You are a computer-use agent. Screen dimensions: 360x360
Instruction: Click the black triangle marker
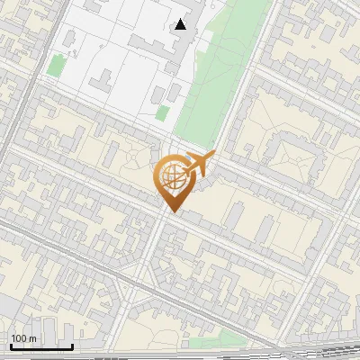click(x=181, y=24)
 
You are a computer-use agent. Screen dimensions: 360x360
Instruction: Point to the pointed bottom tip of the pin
click(x=171, y=211)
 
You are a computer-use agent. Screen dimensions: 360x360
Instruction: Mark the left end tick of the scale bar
click(x=9, y=346)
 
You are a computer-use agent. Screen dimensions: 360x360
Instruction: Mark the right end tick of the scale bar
click(x=73, y=346)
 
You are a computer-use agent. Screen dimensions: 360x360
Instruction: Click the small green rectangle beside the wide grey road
click(x=56, y=66)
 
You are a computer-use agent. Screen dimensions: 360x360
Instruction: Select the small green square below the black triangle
click(x=163, y=112)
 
